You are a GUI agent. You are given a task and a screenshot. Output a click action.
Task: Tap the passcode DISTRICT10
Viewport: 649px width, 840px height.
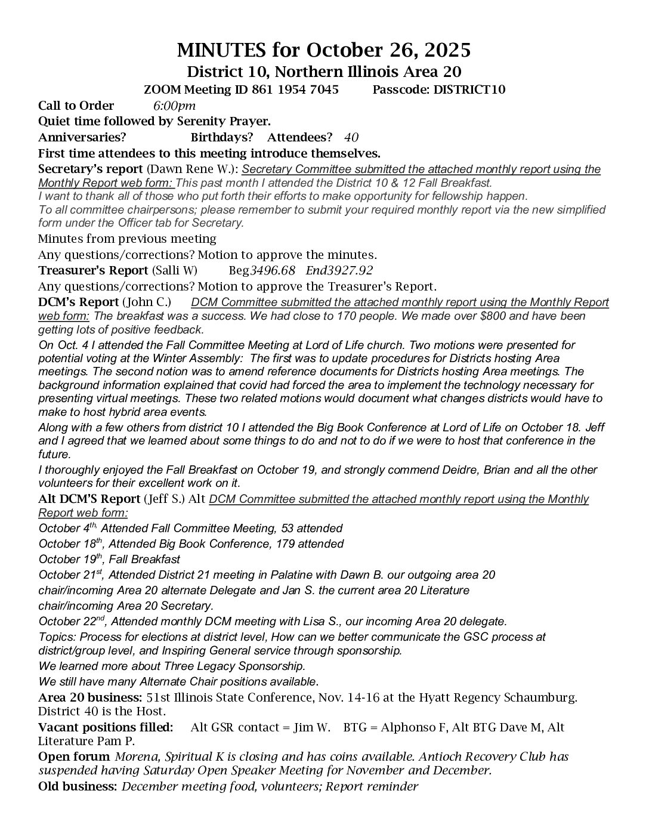point(471,89)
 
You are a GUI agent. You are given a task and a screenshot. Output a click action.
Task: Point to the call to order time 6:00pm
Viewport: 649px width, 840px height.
point(174,106)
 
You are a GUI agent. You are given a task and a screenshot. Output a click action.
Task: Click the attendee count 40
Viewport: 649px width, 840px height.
point(351,137)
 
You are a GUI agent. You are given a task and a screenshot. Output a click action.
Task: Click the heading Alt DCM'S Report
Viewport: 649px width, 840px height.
point(89,499)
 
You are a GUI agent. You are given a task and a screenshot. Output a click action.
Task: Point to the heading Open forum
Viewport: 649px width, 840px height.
point(75,756)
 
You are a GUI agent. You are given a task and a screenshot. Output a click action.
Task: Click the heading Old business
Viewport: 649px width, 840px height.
point(78,786)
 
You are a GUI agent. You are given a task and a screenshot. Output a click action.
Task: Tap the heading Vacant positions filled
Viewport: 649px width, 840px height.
point(106,727)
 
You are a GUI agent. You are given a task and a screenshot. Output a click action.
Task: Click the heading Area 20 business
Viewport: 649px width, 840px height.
point(89,697)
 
